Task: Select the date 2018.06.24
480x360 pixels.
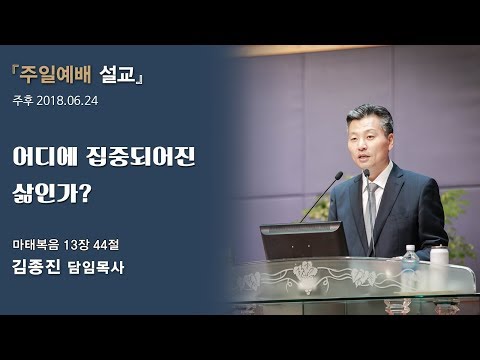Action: pyautogui.click(x=71, y=101)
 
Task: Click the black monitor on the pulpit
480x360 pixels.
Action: pyautogui.click(x=302, y=240)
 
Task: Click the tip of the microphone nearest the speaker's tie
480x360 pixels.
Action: pyautogui.click(x=367, y=173)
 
